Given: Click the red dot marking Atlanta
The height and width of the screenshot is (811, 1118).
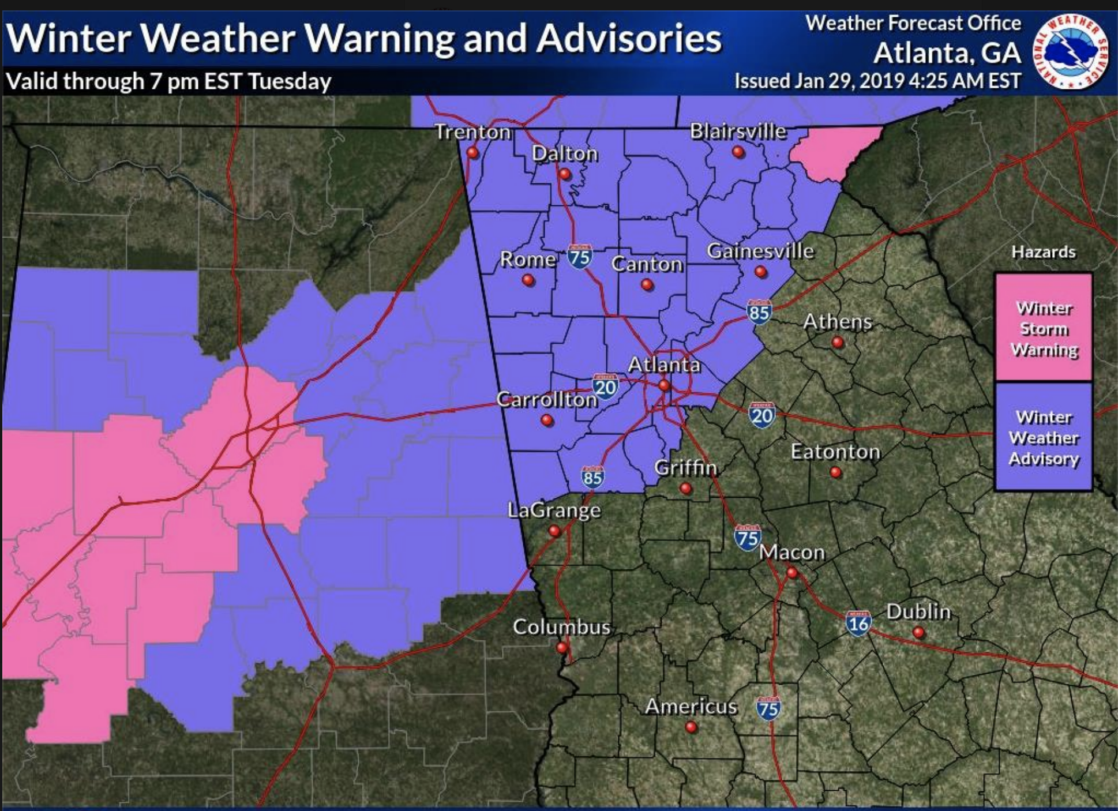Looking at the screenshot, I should pyautogui.click(x=664, y=385).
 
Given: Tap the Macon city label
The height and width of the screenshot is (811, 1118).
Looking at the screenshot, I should pyautogui.click(x=791, y=553).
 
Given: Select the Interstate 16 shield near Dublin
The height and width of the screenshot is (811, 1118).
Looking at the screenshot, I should pyautogui.click(x=858, y=623).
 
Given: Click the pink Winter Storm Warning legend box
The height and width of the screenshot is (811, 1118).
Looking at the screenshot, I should pyautogui.click(x=1044, y=328).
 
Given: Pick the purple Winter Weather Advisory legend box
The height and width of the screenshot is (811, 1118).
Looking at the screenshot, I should pyautogui.click(x=1044, y=437).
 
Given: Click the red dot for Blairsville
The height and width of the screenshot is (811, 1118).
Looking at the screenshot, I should pyautogui.click(x=738, y=152).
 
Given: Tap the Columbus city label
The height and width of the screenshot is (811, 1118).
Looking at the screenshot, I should pyautogui.click(x=561, y=627).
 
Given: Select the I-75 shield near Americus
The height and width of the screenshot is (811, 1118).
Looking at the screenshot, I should pyautogui.click(x=768, y=708).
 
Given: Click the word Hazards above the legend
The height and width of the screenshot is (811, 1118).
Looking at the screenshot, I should pyautogui.click(x=1043, y=252).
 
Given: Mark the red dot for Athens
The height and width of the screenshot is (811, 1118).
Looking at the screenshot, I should pyautogui.click(x=837, y=343).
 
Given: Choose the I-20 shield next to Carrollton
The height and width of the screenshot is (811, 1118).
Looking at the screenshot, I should pyautogui.click(x=605, y=386).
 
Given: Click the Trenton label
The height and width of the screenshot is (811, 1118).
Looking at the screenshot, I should pyautogui.click(x=472, y=132).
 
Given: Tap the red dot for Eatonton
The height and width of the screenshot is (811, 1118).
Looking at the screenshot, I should pyautogui.click(x=835, y=472).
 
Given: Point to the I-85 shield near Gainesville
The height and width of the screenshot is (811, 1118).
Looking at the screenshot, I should pyautogui.click(x=759, y=311).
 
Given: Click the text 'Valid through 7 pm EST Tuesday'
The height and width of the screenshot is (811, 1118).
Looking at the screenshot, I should pyautogui.click(x=168, y=81).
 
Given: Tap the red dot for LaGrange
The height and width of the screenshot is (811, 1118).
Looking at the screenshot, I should pyautogui.click(x=554, y=531).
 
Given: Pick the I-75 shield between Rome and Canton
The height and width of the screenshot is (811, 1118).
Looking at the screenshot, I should pyautogui.click(x=579, y=257).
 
